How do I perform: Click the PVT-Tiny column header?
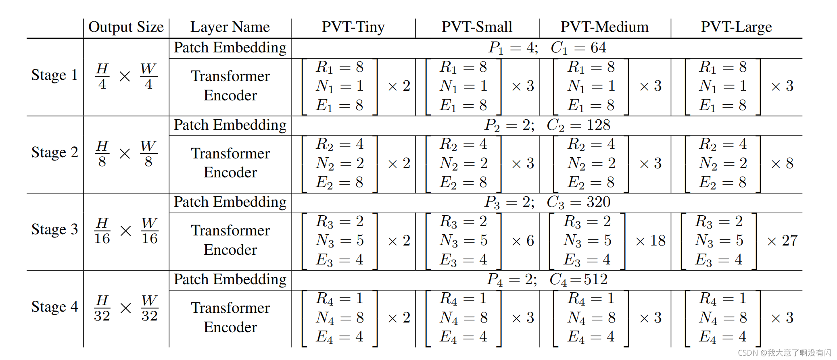(353, 27)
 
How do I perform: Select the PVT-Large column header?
(736, 27)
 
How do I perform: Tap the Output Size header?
(126, 27)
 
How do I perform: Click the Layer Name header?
(230, 27)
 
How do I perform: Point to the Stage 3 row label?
(54, 229)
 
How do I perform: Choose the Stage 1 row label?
(54, 75)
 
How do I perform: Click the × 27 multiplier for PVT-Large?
(782, 241)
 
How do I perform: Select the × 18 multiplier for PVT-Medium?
(650, 241)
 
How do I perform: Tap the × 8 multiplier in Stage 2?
(782, 164)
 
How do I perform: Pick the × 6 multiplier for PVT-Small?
(523, 241)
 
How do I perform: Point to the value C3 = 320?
(578, 202)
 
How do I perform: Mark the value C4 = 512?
(578, 279)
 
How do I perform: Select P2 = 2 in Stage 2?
(509, 125)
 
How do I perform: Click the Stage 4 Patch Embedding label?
(230, 279)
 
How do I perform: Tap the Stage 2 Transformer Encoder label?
(230, 163)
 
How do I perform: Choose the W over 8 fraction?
(148, 153)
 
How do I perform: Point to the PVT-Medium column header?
(604, 27)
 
